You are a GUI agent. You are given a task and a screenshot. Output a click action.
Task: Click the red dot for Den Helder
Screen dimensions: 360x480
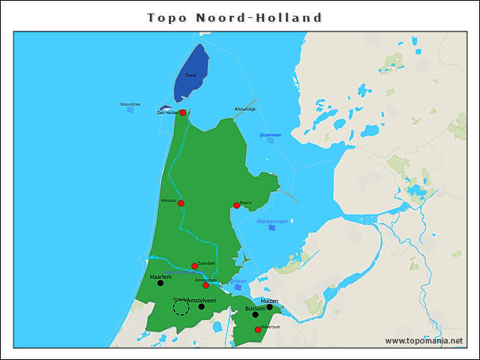pyautogui.click(x=182, y=112)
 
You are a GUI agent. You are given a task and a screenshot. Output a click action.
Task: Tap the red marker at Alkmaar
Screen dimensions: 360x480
pyautogui.click(x=181, y=203)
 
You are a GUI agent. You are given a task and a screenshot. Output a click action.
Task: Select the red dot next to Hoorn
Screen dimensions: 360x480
pyautogui.click(x=236, y=205)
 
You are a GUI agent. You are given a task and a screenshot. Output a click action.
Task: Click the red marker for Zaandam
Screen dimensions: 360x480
pyautogui.click(x=194, y=266)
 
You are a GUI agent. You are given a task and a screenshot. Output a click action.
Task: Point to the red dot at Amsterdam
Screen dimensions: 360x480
pyautogui.click(x=205, y=285)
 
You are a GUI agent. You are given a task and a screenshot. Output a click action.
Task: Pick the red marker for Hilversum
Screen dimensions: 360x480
pyautogui.click(x=258, y=330)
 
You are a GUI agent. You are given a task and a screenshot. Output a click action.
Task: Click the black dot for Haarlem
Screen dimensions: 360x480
pyautogui.click(x=160, y=283)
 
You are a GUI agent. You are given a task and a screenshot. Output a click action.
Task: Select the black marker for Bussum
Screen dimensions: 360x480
pyautogui.click(x=255, y=315)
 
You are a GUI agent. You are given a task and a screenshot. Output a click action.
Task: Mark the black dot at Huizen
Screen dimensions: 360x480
pyautogui.click(x=269, y=307)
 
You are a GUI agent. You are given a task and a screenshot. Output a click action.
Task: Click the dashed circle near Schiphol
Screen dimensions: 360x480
pyautogui.click(x=181, y=307)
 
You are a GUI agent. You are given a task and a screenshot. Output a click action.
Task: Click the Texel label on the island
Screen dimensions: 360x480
pyautogui.click(x=190, y=76)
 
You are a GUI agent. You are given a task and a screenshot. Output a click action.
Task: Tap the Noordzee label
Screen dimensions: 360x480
pyautogui.click(x=130, y=104)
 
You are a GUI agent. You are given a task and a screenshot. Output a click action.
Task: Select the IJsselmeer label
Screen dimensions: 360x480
pyautogui.click(x=270, y=135)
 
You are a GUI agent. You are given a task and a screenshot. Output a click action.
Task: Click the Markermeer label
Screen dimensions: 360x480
pyautogui.click(x=272, y=221)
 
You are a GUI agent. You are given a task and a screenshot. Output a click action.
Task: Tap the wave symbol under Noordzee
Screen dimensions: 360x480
pyautogui.click(x=130, y=110)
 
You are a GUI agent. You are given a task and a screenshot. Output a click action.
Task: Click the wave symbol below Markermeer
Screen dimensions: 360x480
pyautogui.click(x=271, y=228)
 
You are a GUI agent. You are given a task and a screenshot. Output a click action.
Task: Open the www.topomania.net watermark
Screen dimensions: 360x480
pyautogui.click(x=424, y=341)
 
